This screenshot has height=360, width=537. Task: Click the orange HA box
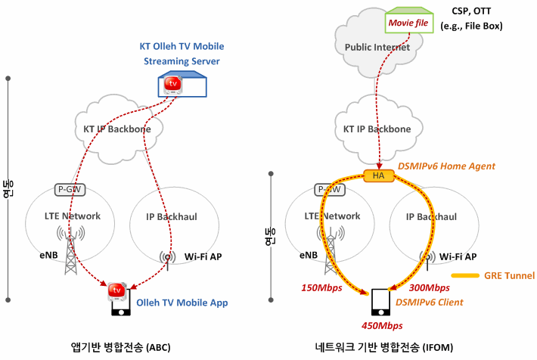[378, 175]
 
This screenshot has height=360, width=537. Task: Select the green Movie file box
[409, 20]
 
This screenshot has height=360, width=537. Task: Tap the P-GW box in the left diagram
[70, 189]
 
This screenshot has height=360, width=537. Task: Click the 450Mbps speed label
[382, 326]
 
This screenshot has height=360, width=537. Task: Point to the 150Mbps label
[321, 287]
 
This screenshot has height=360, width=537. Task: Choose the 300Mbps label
[429, 287]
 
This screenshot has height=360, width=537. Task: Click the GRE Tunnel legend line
[465, 276]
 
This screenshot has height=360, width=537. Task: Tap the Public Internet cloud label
[377, 48]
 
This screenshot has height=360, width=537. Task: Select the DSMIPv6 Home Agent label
[446, 166]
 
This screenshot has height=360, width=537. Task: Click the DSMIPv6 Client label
[429, 303]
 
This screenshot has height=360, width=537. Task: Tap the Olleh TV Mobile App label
[182, 303]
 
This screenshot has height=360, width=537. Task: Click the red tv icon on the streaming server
[172, 85]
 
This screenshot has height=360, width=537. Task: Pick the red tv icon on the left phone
[116, 291]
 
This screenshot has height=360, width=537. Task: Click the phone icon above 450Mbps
[381, 302]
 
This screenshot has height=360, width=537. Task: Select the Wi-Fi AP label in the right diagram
[458, 257]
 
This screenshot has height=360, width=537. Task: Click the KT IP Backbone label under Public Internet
[377, 129]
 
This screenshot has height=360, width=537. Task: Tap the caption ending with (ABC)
[120, 347]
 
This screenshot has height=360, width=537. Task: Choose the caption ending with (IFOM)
[384, 347]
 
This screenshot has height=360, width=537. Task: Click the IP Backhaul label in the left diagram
[172, 217]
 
